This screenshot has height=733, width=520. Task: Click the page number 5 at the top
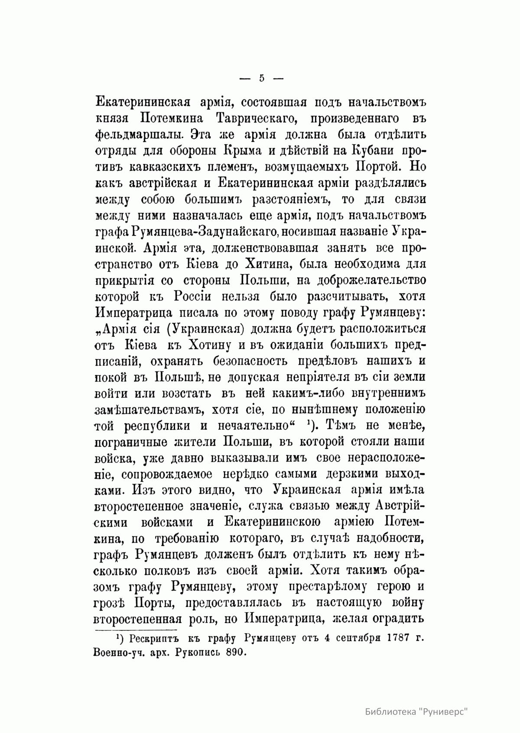point(261,78)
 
